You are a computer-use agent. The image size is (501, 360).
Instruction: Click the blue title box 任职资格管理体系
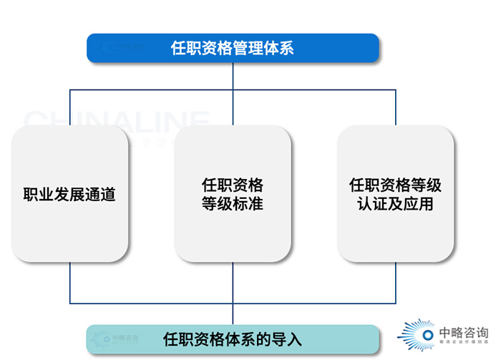click(x=233, y=48)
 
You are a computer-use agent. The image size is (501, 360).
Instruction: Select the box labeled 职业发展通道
click(x=69, y=194)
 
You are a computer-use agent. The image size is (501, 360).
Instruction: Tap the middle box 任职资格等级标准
click(x=233, y=194)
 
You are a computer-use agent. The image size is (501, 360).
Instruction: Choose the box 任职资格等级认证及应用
click(x=395, y=194)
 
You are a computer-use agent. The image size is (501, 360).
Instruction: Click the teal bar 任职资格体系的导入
click(x=233, y=339)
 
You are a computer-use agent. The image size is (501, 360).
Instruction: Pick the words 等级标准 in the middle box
click(x=233, y=204)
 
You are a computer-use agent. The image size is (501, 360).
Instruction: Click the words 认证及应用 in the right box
click(x=395, y=204)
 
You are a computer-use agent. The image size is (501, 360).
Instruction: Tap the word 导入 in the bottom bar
click(x=287, y=339)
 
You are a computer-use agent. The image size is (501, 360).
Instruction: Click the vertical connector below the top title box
click(x=233, y=76)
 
